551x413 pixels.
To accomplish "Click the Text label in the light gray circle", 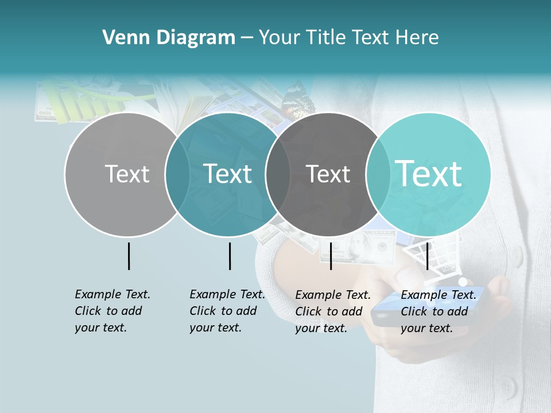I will point(127,174).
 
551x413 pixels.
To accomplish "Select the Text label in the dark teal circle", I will point(228,174).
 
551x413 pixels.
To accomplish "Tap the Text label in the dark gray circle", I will point(328,174).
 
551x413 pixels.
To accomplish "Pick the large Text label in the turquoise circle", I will point(429,173).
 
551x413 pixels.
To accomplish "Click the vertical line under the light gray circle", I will point(129,256).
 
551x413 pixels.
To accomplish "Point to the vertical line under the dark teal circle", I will point(230,256).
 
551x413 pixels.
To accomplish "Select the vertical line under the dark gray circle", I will point(331,256).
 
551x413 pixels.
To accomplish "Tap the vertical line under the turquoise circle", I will point(427,256).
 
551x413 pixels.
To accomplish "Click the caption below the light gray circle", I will point(112,311).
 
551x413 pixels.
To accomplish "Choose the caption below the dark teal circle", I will point(227,311).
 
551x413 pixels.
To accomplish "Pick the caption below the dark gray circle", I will point(332,311).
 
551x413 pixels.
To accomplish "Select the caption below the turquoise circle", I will point(438,311).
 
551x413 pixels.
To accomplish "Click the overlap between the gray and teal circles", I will point(177,174).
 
